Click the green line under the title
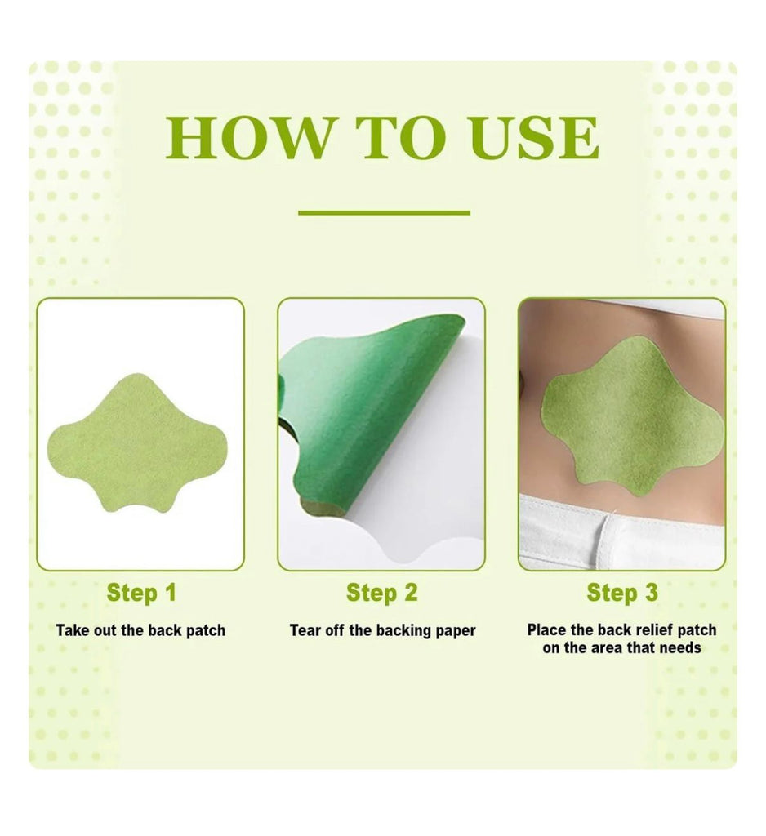[384, 213]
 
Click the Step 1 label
[141, 594]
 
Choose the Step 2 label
[382, 594]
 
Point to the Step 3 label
[622, 593]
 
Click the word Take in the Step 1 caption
[73, 630]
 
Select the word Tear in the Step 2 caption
[305, 630]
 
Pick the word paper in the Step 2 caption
[455, 631]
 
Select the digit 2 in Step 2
[411, 593]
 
